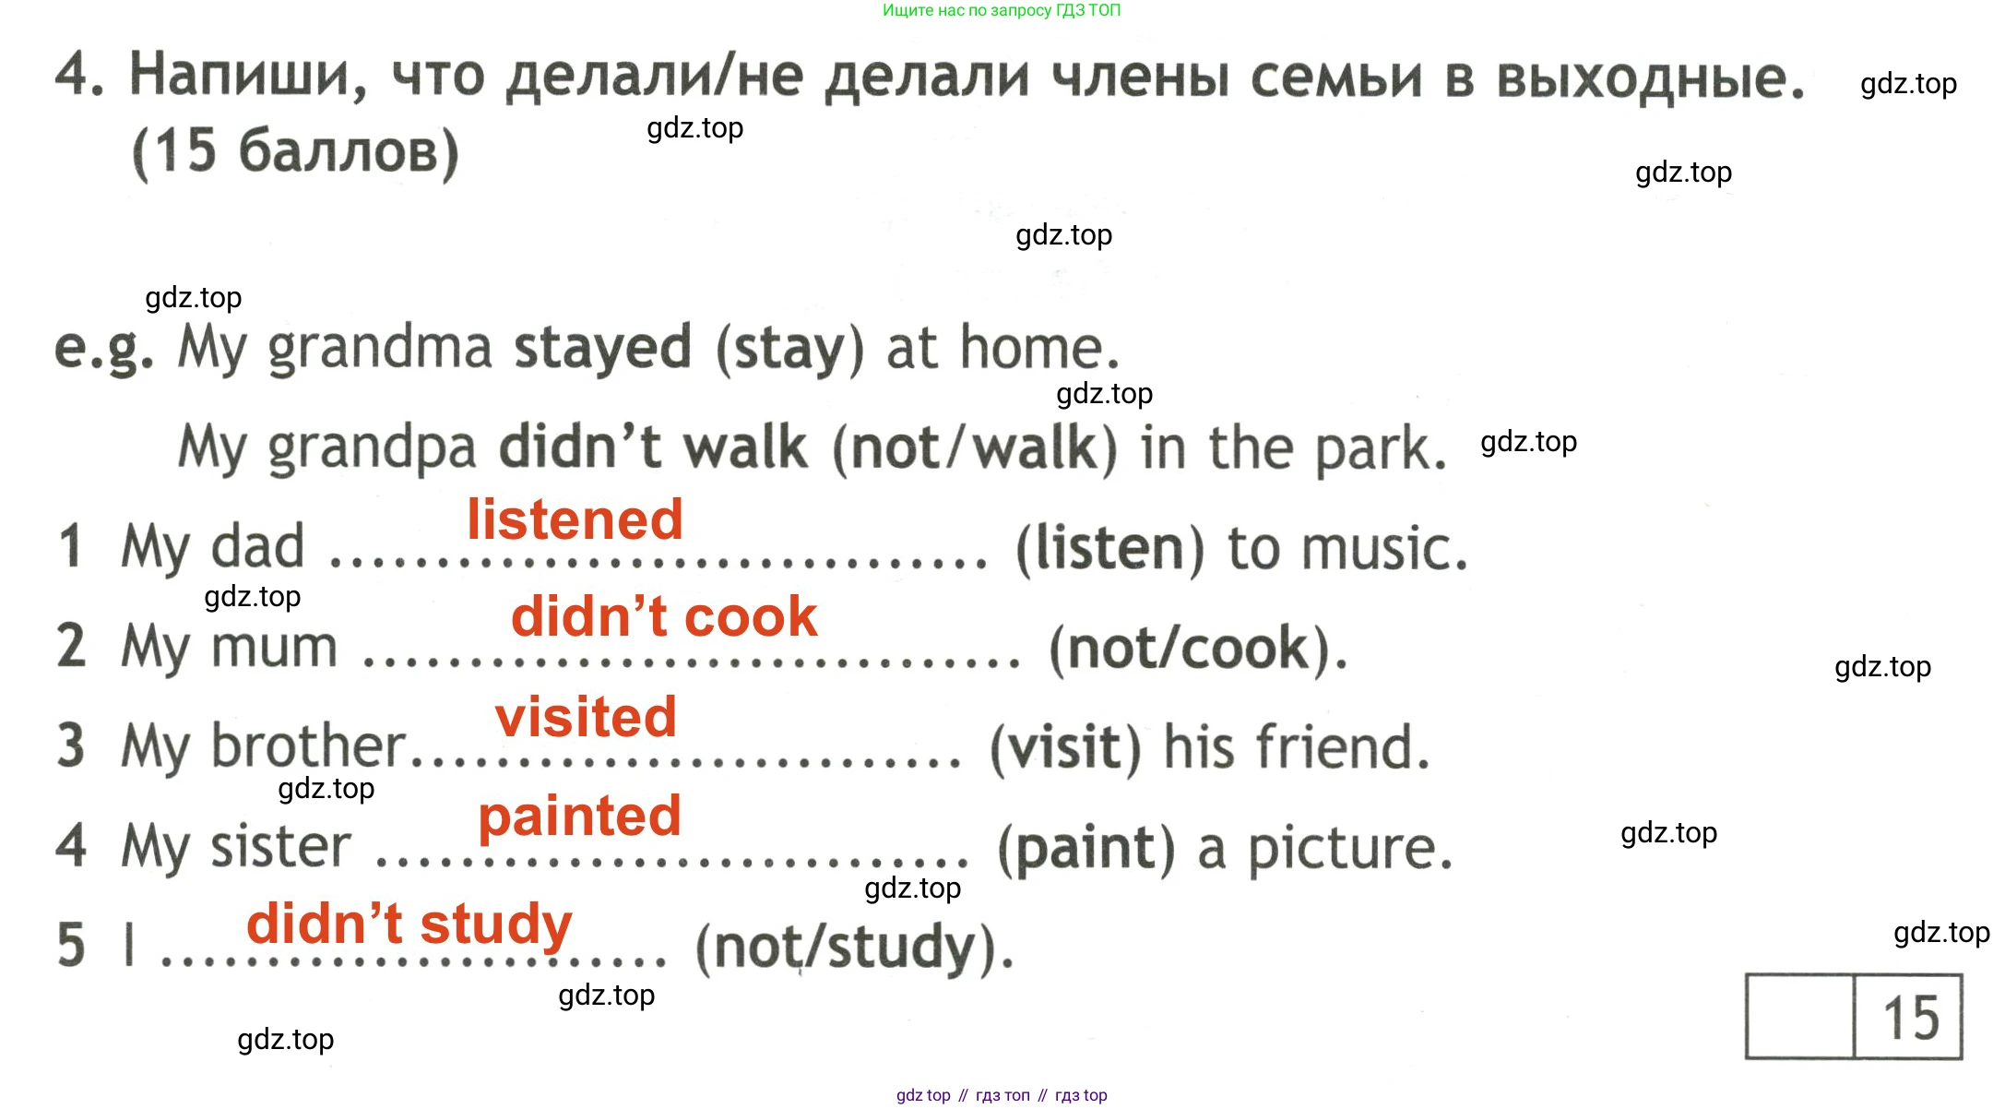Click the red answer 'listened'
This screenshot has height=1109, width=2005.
(575, 519)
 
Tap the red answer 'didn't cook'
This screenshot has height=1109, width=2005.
(664, 616)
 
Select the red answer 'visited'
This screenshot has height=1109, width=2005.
(586, 717)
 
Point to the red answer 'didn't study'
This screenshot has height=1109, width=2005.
(409, 925)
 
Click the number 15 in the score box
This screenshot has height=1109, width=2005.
(1910, 1018)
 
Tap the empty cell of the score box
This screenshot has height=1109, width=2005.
(1800, 1017)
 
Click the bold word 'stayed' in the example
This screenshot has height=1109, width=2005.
(602, 350)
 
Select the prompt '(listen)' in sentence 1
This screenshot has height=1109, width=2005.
(1110, 549)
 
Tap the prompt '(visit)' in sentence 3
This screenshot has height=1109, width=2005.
(1065, 747)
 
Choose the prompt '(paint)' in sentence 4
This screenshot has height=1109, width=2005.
(1087, 848)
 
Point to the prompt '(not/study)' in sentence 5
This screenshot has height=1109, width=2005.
(845, 948)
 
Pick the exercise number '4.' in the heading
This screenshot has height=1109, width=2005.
(79, 73)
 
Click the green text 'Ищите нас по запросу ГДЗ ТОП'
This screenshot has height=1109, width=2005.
(1002, 10)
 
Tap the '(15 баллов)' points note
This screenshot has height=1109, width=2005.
(295, 151)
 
